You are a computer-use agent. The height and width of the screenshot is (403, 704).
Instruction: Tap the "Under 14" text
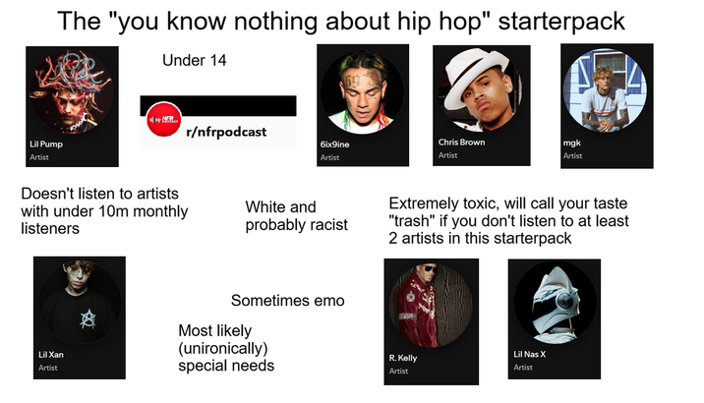[x=194, y=61]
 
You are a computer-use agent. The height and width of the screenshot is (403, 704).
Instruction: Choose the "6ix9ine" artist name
[x=334, y=144]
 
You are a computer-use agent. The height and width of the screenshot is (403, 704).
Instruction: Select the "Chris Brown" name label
[x=461, y=142]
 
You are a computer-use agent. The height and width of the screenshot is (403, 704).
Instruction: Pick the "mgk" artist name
[x=571, y=142]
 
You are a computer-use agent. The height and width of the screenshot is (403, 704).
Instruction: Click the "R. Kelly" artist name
[x=403, y=358]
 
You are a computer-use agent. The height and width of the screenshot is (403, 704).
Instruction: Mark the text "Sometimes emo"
[x=288, y=300]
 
